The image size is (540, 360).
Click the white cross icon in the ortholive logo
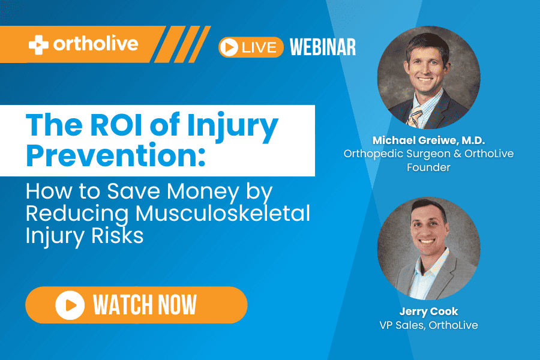pos(38,45)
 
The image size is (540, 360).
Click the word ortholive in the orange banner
pos(96,44)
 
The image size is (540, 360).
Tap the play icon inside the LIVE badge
pos(229,47)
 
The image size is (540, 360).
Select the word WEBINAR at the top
pos(323,47)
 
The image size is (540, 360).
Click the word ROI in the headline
pos(116,124)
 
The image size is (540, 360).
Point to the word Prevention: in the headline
pos(116,155)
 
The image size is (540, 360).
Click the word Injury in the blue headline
pos(232,127)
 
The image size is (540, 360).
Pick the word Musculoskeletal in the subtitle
pos(223,213)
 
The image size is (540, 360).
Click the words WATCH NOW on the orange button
pos(145,305)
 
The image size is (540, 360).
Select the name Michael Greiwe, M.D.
pos(429,140)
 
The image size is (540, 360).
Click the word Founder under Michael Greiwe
pos(428,167)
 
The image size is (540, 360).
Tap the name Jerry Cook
pos(429,311)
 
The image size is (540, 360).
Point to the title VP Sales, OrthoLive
pos(429,325)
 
